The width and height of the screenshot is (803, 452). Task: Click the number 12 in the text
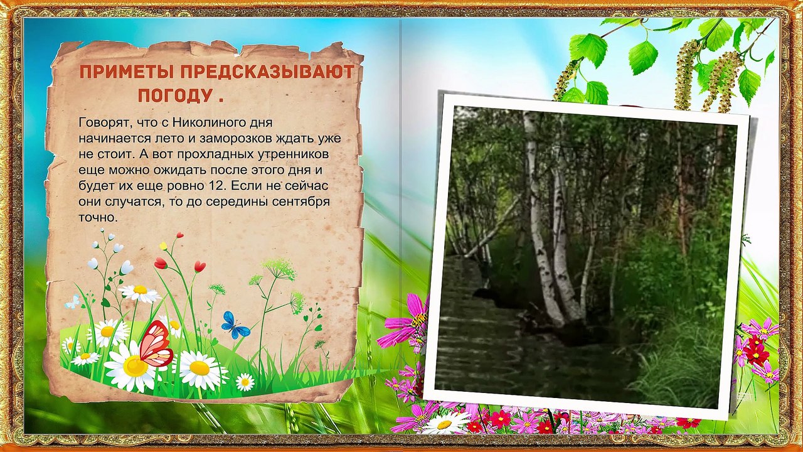(215, 186)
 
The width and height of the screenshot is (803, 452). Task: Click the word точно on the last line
(97, 218)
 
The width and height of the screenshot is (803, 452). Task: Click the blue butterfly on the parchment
(235, 325)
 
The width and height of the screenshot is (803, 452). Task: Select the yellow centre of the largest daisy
(134, 365)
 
